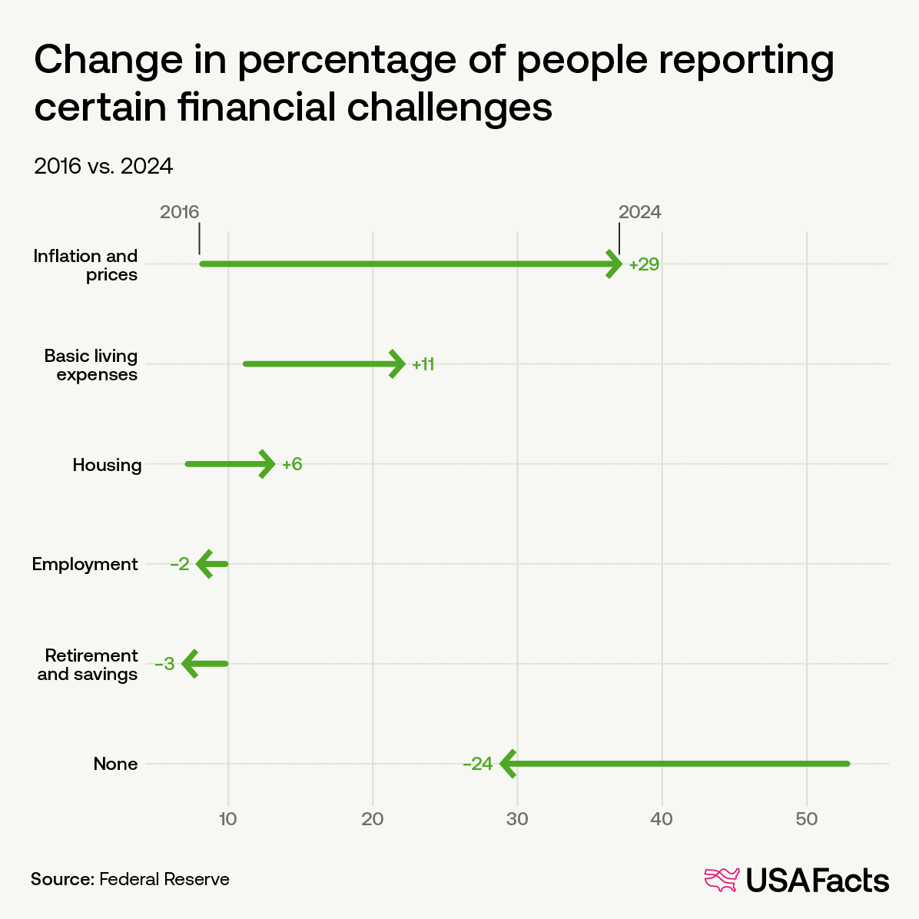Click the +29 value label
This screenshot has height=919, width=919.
pos(644,264)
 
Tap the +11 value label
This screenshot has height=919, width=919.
pos(423,364)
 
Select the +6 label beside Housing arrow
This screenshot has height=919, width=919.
pos(292,464)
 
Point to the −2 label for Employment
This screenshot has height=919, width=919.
pos(180,564)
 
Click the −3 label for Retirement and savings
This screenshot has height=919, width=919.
pos(165,664)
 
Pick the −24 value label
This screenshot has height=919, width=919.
pos(477,764)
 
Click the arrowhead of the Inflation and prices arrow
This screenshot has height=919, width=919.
pos(615,264)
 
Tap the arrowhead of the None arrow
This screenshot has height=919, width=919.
pos(507,764)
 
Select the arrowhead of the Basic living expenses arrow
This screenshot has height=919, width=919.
pos(397,364)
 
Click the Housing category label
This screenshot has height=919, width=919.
pos(107,465)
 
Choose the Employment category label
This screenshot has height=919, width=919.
pos(85,564)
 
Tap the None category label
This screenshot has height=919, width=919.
pos(115,764)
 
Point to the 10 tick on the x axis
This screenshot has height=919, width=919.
pos(227,819)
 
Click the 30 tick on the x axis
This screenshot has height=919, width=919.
pos(517,819)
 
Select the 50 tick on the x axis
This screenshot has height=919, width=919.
pos(806,819)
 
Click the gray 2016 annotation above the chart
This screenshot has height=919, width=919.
pos(179,212)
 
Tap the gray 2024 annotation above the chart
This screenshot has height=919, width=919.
pos(640,212)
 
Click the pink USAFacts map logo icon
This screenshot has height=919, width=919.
pos(722,880)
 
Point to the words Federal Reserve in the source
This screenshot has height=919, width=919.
pos(164,879)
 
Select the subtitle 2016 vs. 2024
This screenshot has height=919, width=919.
pos(103,166)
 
